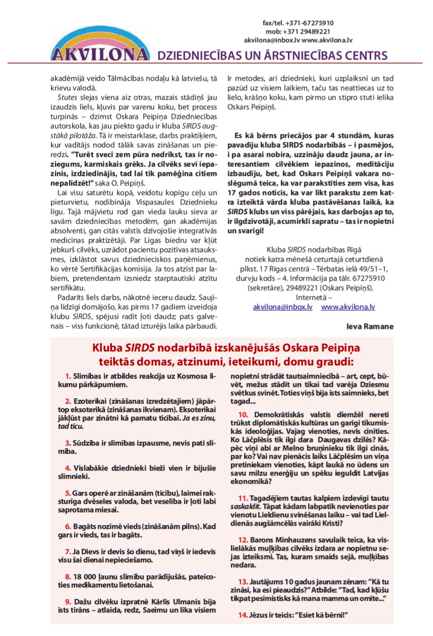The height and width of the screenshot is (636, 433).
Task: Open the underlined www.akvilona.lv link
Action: (348, 306)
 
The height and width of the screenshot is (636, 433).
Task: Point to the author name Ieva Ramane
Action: (369, 326)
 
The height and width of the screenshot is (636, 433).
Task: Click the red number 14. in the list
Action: (242, 615)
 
